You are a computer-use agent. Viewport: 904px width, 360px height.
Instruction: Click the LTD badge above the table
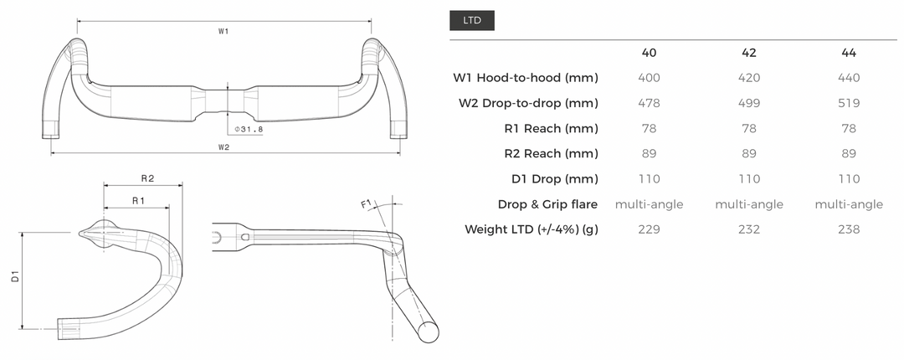(472, 20)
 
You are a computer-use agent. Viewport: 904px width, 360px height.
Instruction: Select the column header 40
(649, 53)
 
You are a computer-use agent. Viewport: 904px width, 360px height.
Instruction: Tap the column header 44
(849, 53)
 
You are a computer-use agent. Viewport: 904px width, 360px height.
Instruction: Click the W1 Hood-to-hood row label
(526, 78)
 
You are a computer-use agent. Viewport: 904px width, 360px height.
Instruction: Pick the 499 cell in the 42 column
(749, 103)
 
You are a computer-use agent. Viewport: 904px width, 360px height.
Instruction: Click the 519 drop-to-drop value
(849, 103)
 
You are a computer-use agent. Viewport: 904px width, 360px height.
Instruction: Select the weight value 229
(649, 229)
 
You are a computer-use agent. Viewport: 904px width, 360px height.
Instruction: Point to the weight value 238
(849, 229)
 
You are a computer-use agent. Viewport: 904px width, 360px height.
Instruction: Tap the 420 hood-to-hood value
(749, 78)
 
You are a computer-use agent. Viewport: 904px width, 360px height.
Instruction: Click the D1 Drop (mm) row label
(555, 179)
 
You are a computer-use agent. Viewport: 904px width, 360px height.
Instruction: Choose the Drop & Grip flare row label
(548, 204)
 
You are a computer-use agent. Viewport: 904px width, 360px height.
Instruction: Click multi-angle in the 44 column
(849, 204)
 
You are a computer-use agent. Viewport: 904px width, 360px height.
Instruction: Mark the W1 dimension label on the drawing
(224, 31)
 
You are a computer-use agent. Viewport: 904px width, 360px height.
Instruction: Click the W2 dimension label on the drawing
(224, 147)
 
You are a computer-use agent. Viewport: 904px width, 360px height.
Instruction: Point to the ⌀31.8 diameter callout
(249, 129)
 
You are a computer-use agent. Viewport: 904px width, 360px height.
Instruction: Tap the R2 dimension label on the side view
(147, 178)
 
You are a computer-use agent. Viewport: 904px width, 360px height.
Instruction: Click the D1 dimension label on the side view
(17, 277)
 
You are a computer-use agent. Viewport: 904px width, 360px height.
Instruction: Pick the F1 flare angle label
(366, 203)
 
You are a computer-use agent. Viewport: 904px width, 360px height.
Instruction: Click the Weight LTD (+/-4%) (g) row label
(532, 229)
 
